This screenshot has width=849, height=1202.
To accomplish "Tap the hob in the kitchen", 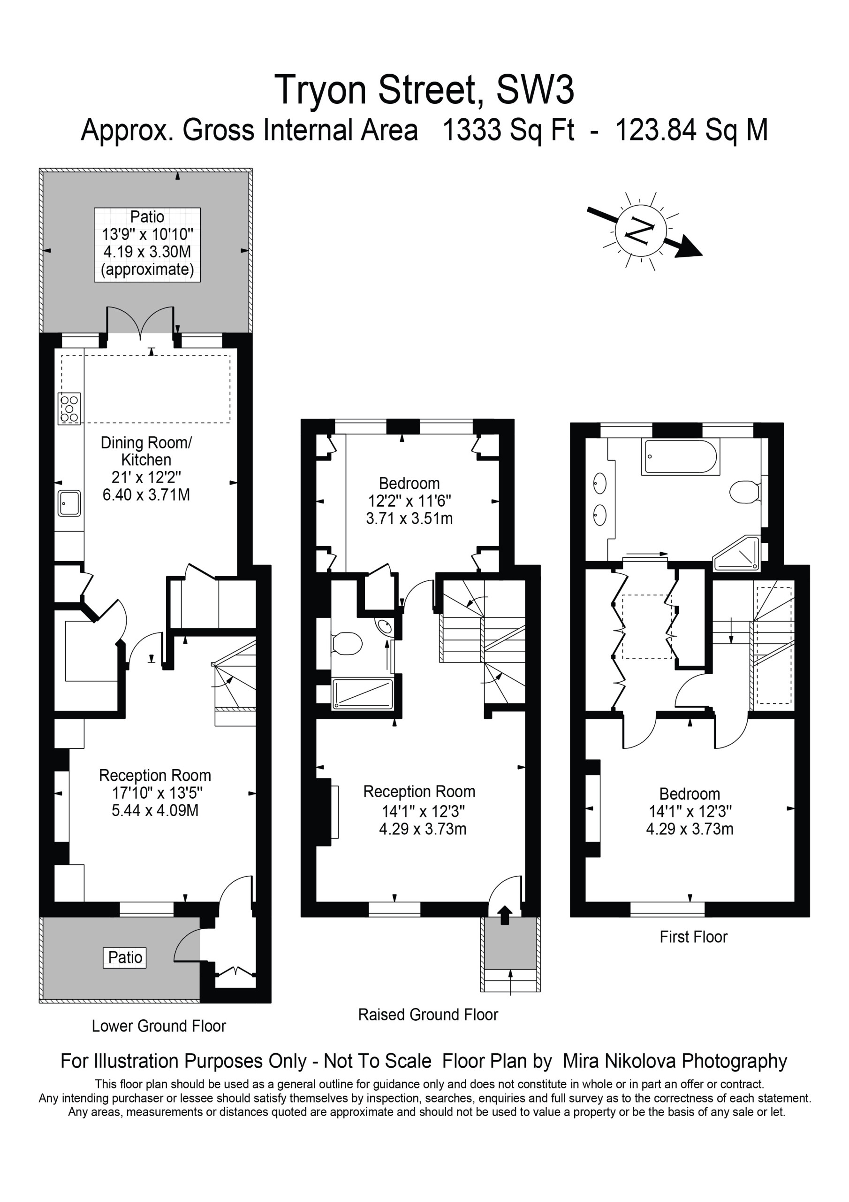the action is (x=69, y=408).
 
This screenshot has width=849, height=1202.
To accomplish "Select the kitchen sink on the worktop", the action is (x=69, y=503).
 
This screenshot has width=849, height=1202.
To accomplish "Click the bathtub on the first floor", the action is (x=681, y=457).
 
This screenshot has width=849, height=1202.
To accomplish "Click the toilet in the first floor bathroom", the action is (x=745, y=492).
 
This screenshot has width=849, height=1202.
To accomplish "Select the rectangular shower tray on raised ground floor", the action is (x=363, y=694).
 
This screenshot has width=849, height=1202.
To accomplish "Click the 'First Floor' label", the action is (x=693, y=937).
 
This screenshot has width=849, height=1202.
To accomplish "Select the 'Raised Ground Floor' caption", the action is (x=428, y=1015).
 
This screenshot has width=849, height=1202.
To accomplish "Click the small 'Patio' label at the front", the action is (x=125, y=957).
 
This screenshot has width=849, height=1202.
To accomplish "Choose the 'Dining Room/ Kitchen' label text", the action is (x=146, y=451).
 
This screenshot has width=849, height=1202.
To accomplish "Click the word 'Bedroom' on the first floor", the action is (x=690, y=794).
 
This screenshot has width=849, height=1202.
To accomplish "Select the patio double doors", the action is (x=140, y=323).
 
